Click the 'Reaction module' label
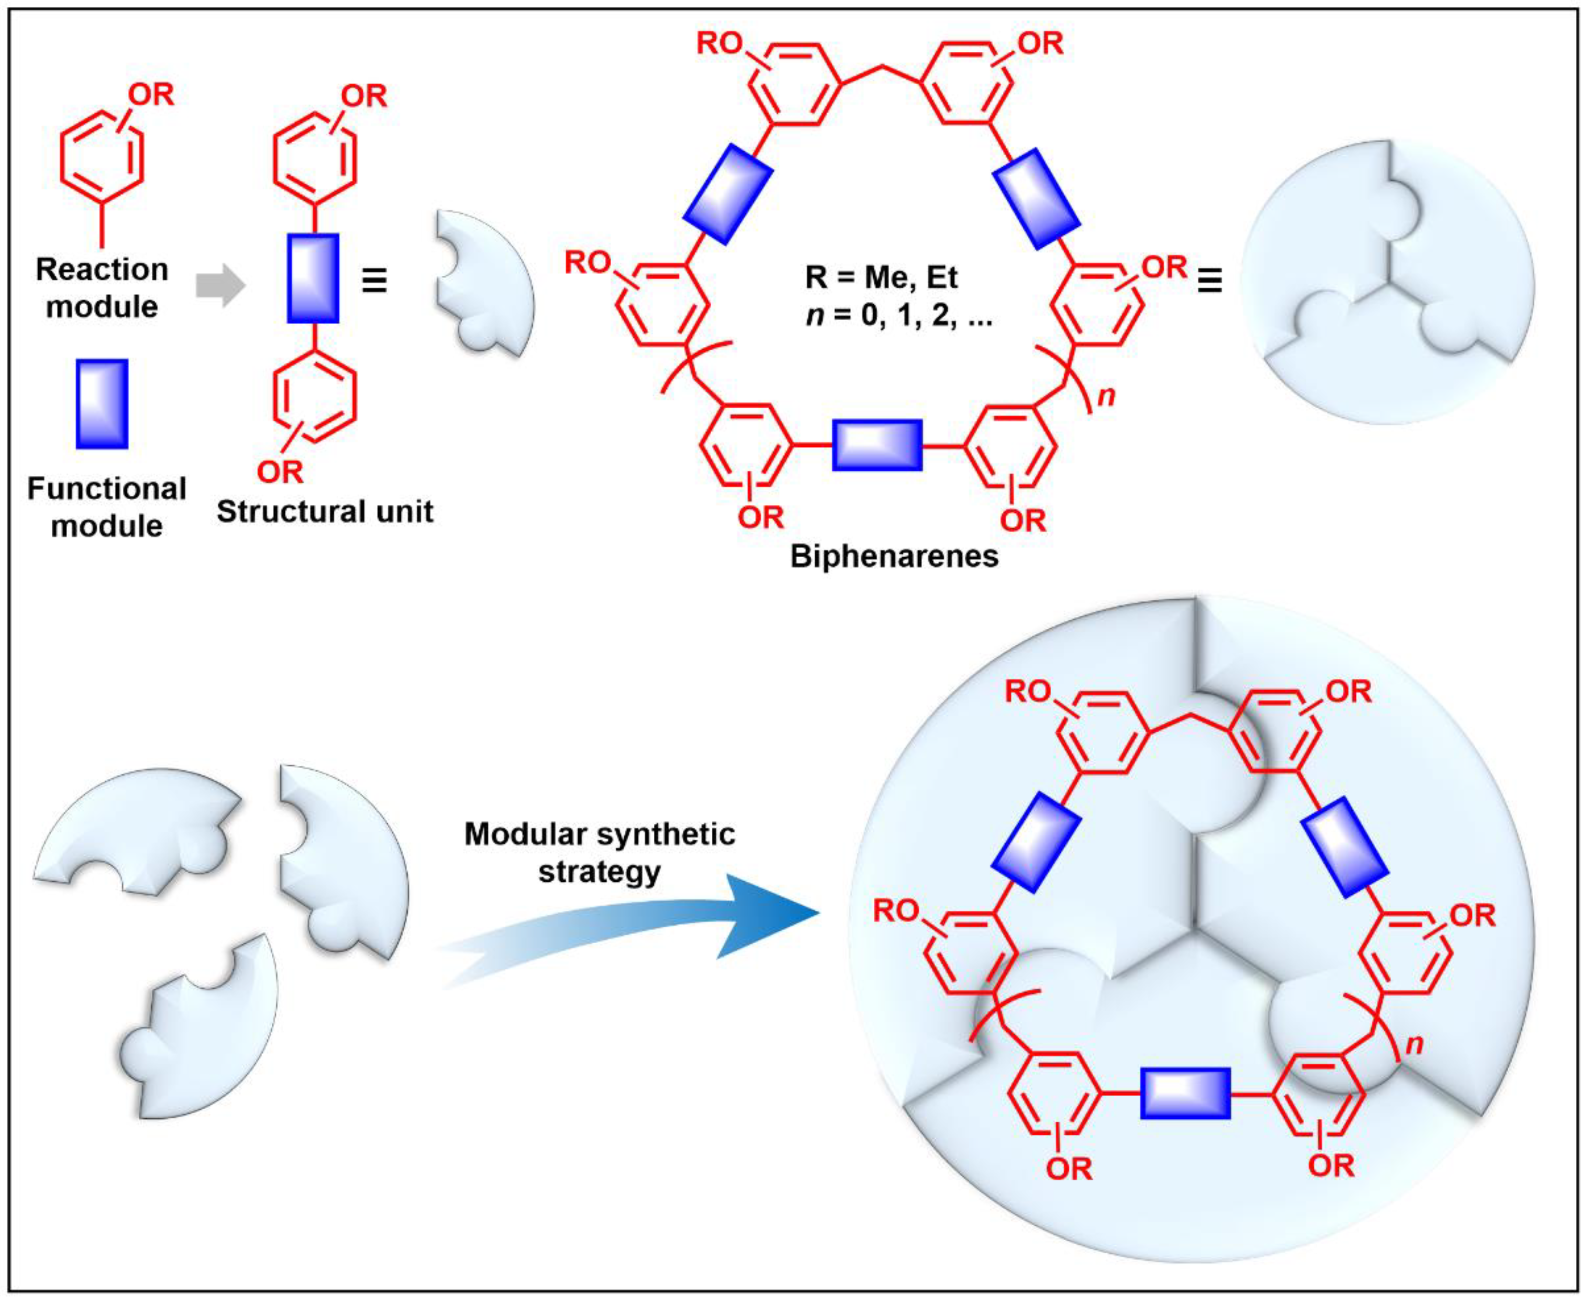102,288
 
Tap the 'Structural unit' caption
324,512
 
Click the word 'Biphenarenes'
894,556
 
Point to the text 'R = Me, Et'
881,278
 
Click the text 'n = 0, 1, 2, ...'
898,315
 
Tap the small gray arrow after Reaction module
220,286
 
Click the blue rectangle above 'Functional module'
102,403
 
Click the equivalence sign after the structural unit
374,281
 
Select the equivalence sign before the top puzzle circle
1209,281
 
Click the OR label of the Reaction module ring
151,95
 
